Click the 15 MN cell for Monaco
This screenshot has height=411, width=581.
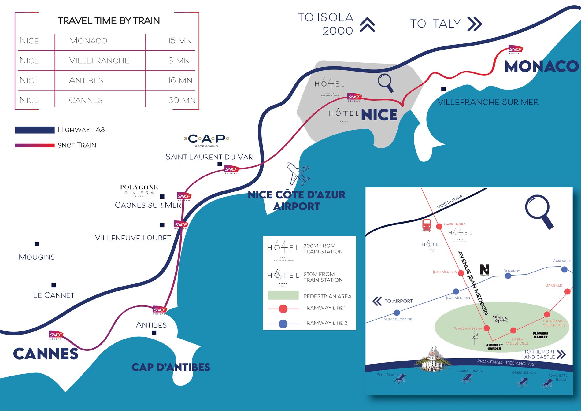(x=180, y=41)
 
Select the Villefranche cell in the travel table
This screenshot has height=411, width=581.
(x=99, y=61)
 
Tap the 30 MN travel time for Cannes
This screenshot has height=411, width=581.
(x=182, y=100)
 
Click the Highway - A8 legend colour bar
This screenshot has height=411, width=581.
(x=35, y=130)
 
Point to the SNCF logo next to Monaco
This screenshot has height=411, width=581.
(x=516, y=50)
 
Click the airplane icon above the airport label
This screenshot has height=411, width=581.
(x=298, y=173)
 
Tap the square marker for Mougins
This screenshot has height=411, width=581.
(x=37, y=244)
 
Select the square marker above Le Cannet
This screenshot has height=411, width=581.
(x=54, y=285)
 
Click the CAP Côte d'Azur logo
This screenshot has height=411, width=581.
(x=207, y=140)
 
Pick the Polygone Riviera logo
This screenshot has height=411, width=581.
(x=139, y=190)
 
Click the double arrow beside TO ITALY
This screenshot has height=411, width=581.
(x=475, y=24)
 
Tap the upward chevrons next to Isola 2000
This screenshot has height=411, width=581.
(x=367, y=25)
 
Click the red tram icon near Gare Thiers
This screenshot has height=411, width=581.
(x=427, y=225)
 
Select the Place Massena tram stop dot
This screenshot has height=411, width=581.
(x=487, y=328)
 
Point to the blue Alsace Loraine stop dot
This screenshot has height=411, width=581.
(x=397, y=313)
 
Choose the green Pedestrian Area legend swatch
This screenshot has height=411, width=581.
(x=283, y=295)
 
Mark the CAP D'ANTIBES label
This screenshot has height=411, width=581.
(x=171, y=367)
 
